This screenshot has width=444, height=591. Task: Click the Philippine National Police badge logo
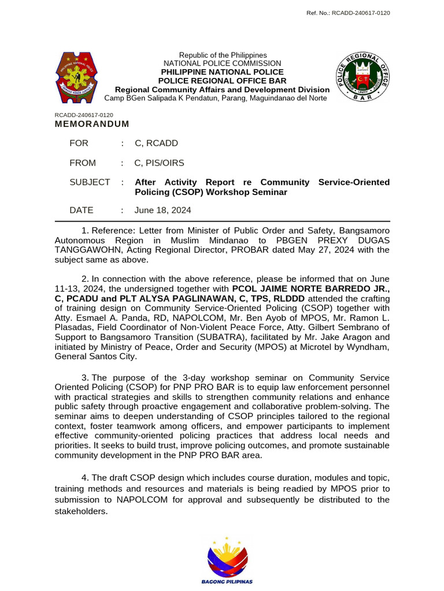80,76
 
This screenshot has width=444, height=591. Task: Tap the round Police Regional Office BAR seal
362,76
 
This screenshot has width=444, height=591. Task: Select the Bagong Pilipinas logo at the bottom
227,560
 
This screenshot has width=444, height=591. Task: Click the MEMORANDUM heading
92,124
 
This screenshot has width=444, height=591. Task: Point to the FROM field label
83,163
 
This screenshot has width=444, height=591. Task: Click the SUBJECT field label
90,182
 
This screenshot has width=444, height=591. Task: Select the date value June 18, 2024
162,210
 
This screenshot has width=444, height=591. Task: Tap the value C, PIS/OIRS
160,163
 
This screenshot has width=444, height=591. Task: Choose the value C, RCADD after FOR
156,143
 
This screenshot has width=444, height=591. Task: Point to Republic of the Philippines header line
223,55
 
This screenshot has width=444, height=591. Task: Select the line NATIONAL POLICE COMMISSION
223,63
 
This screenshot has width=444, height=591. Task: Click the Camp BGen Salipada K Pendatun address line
215,98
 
